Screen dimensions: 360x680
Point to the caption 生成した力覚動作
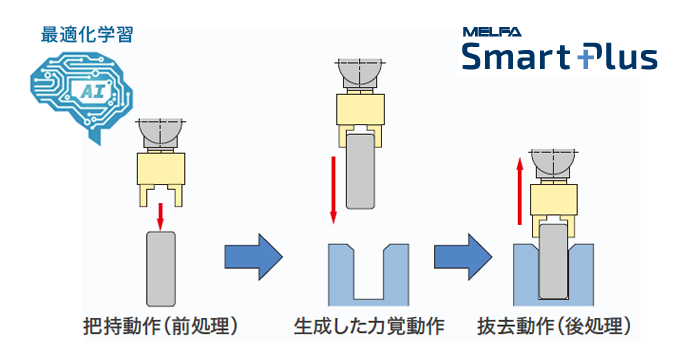click(369, 326)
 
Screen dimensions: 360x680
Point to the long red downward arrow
click(331, 189)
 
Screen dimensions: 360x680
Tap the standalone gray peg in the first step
click(160, 268)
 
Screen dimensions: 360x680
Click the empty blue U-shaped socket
click(368, 274)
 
